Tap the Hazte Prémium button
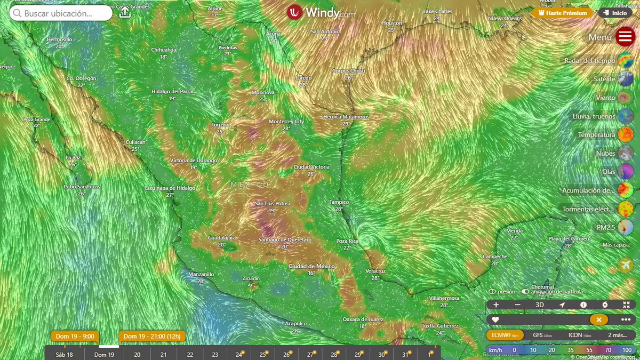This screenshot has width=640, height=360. pos(562,13)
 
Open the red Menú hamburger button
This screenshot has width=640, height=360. pos(625,37)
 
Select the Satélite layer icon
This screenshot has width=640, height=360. pos(625,79)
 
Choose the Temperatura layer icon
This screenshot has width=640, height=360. pos(625,135)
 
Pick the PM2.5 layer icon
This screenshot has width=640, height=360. pos(625,228)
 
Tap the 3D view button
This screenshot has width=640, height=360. pos(540,305)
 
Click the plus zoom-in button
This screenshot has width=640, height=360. pos(496,305)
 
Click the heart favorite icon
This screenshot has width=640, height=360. pos(495,319)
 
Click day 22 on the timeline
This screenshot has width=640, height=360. pos(190,354)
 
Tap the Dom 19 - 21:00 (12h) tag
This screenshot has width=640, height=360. pos(152,337)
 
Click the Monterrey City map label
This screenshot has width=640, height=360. pos(286,122)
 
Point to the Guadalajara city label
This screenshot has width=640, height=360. pos(222,238)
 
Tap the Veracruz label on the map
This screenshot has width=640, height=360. pos(375,271)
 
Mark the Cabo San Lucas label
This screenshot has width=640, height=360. pos(82,187)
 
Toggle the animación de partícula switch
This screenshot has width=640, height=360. pos(525,292)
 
